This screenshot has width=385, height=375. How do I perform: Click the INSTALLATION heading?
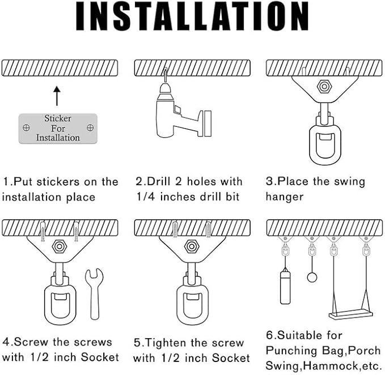tap(192, 16)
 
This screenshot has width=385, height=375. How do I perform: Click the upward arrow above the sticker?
tap(57, 96)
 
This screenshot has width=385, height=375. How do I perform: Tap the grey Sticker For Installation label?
tap(58, 128)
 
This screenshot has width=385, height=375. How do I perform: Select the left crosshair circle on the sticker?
tap(26, 127)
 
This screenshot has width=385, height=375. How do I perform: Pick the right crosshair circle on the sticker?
tap(90, 127)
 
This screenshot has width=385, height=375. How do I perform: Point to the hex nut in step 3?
tap(324, 86)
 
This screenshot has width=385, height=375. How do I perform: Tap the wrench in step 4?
tap(94, 294)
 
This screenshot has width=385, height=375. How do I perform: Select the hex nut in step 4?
tap(59, 246)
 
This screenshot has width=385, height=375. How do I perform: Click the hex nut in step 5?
tap(192, 246)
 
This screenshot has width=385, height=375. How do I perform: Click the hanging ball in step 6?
tap(312, 278)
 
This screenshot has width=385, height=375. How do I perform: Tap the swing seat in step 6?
tap(350, 314)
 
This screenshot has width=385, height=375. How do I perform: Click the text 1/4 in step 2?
tap(145, 197)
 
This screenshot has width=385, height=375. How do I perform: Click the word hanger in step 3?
tap(285, 197)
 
